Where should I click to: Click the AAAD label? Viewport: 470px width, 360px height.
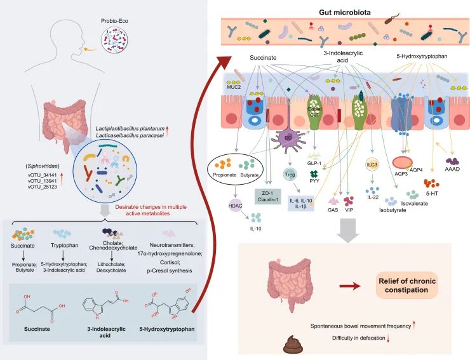pyautogui.click(x=452, y=177)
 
